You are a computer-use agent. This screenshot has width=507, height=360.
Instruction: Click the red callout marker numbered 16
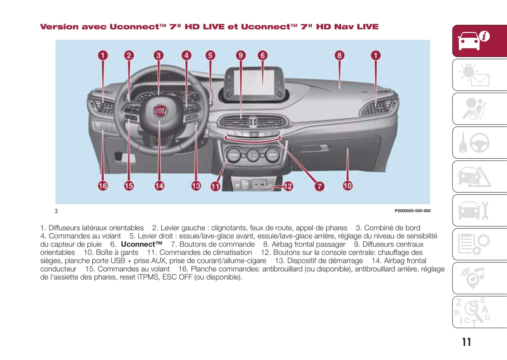103,186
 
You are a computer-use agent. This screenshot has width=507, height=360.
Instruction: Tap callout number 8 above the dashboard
339,55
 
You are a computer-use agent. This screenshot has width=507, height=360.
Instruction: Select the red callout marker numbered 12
288,186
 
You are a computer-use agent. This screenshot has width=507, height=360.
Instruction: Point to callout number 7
319,186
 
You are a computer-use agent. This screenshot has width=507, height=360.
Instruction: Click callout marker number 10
347,186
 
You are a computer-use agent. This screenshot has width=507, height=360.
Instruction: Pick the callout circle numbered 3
159,55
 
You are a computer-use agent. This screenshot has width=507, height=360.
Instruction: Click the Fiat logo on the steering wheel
160,111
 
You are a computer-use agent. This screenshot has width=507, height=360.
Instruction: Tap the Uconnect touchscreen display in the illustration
254,82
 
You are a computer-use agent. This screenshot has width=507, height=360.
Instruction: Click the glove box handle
318,148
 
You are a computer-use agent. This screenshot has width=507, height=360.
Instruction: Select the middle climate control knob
253,155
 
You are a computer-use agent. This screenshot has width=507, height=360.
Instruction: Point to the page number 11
466,342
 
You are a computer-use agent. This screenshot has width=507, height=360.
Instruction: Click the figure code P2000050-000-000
412,211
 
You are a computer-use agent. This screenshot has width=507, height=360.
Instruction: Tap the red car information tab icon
479,41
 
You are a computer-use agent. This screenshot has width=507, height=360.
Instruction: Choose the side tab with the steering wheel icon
479,142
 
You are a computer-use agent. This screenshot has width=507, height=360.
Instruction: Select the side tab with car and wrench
479,211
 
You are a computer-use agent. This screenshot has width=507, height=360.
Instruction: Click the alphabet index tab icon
479,312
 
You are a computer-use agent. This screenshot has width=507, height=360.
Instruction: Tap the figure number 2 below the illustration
56,211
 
